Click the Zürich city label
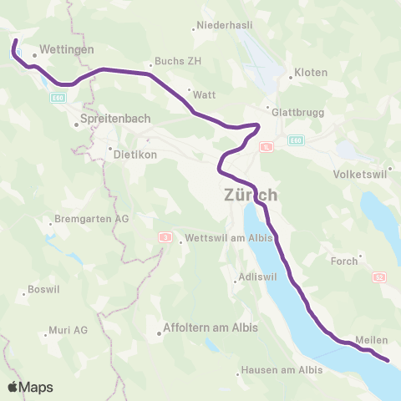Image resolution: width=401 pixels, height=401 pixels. (251, 195)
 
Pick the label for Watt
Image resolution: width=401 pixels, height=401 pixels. (205, 94)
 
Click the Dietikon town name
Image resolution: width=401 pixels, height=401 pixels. (134, 154)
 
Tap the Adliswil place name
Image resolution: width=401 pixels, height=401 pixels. (256, 276)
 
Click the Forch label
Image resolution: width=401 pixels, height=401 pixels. (343, 261)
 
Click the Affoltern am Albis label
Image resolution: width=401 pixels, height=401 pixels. (211, 327)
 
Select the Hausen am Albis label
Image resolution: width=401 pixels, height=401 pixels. (282, 370)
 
